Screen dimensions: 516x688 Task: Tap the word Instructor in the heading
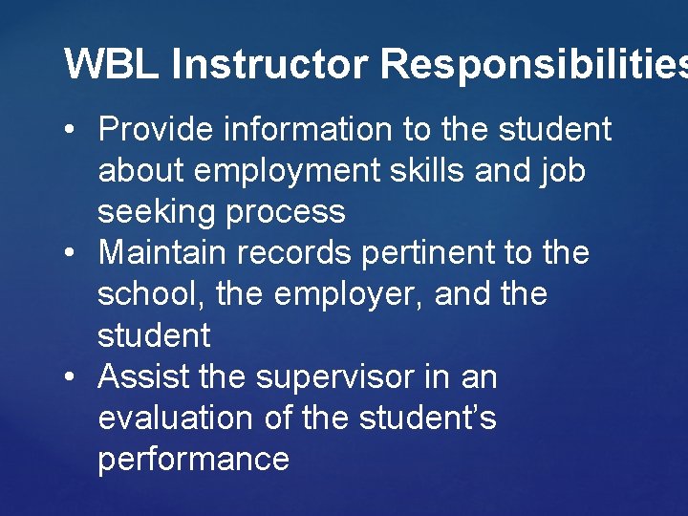pos(270,64)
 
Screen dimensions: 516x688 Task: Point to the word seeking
pos(157,212)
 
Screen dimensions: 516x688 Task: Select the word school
pos(152,294)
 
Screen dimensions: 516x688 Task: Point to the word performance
pos(193,460)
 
